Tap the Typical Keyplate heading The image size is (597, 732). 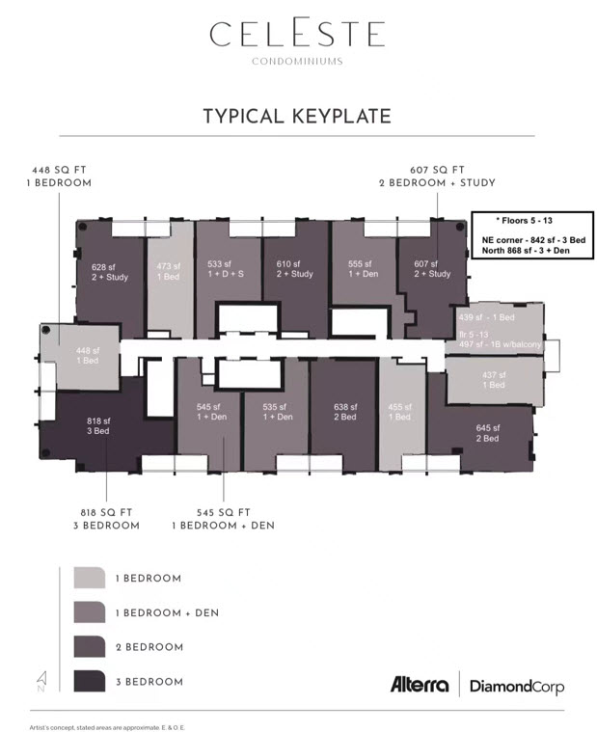point(297,117)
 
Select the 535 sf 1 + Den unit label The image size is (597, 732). point(276,412)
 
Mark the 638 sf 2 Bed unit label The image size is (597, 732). point(342,412)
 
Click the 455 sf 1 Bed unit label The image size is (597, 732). point(399,412)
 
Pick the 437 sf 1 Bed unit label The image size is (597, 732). point(493,379)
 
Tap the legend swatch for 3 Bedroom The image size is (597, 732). point(89,681)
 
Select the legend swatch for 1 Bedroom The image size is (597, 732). point(89,578)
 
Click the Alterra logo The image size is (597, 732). point(419,686)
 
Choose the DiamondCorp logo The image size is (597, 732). point(516,687)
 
